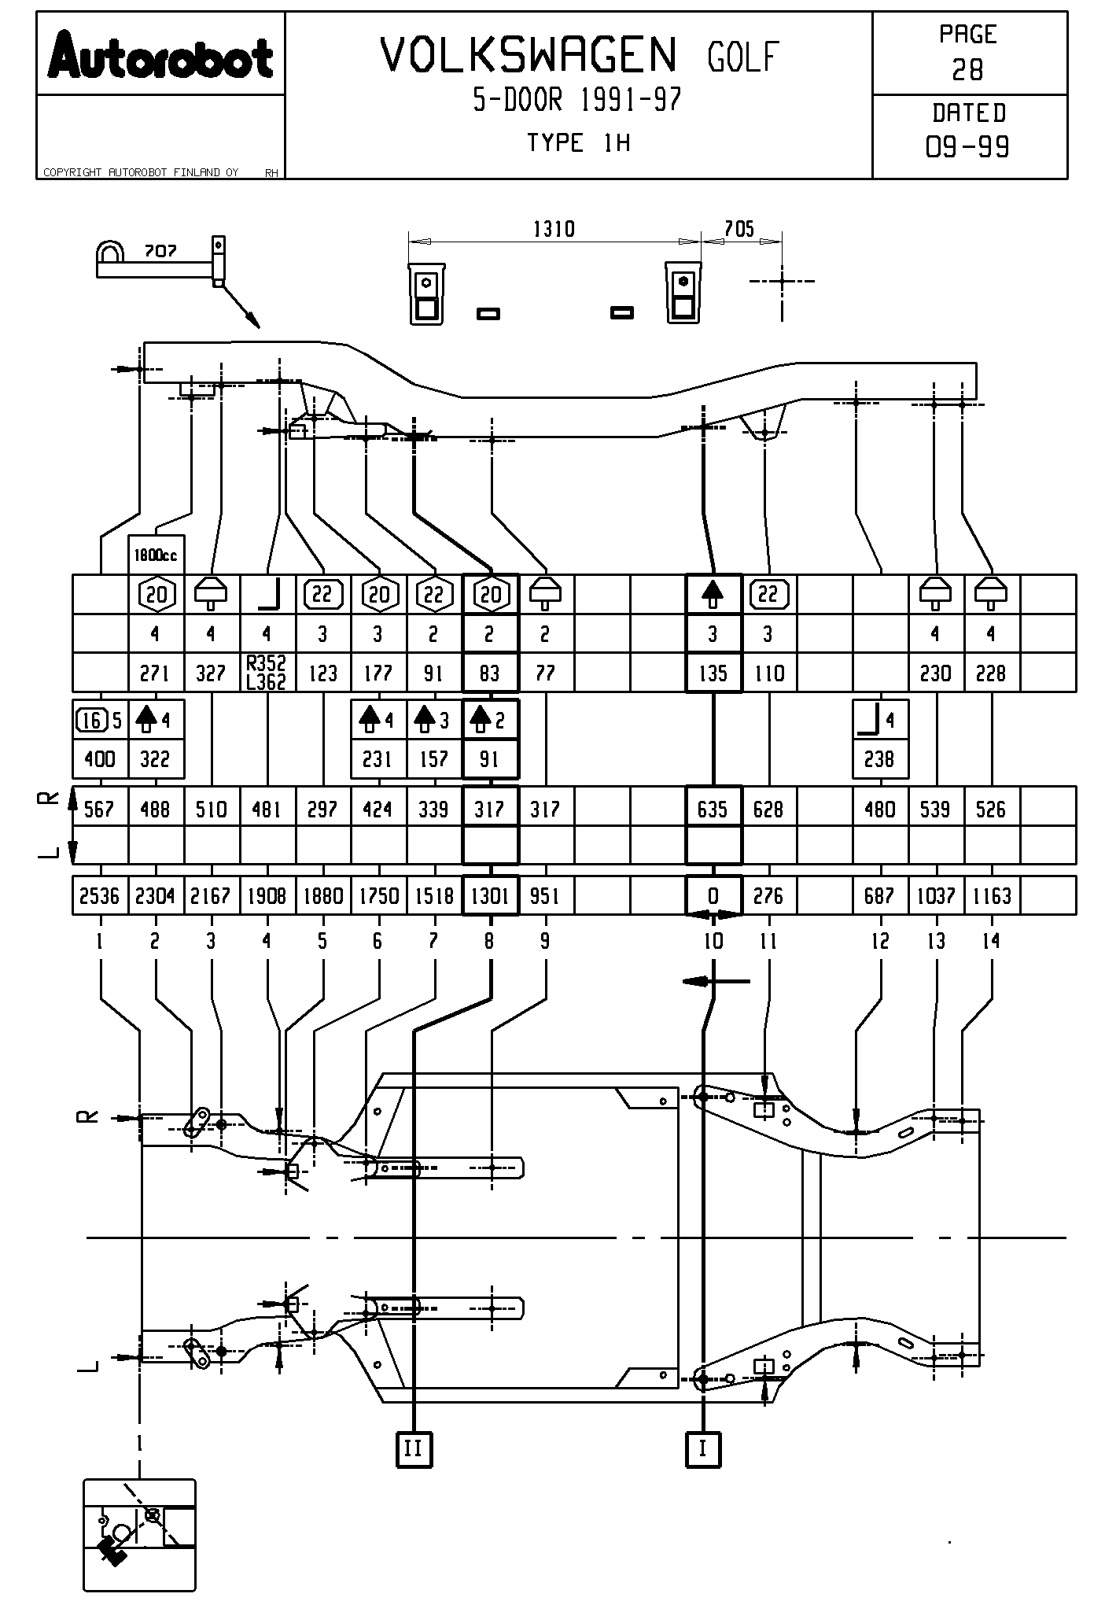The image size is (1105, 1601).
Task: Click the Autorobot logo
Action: [x=160, y=57]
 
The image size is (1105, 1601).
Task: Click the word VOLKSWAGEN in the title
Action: [x=529, y=56]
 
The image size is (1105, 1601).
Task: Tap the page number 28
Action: [x=967, y=71]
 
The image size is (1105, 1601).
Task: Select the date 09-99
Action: [x=967, y=147]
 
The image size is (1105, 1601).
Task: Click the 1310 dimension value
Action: [x=554, y=229]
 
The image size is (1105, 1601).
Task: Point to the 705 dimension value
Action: [x=739, y=229]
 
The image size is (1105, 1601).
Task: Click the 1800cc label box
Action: [x=156, y=555]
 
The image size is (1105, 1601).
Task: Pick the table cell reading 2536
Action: [x=100, y=895]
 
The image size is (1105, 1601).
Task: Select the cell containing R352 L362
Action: [x=267, y=673]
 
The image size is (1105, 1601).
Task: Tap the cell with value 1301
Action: [x=491, y=895]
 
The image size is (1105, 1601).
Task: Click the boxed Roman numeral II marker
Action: [x=414, y=1448]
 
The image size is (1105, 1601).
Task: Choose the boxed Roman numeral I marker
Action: [x=703, y=1448]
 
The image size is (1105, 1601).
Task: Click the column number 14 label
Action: [x=991, y=941]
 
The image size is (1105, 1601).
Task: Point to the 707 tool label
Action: [x=160, y=252]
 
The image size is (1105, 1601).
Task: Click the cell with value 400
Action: [x=100, y=759]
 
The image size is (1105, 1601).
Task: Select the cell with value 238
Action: [x=880, y=759]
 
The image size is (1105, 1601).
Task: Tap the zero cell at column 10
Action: [x=713, y=895]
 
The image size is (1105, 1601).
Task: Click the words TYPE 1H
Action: [x=578, y=143]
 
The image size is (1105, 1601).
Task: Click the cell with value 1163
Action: [x=992, y=895]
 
